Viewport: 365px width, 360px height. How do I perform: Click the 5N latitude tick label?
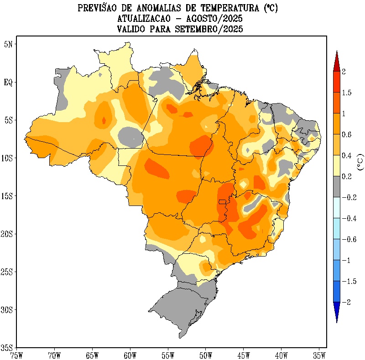click(8, 44)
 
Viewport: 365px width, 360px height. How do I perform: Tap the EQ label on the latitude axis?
click(8, 82)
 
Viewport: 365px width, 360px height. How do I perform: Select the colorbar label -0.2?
click(349, 197)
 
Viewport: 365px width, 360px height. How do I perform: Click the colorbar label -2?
click(346, 302)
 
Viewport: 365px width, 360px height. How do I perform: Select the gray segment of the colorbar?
click(336, 187)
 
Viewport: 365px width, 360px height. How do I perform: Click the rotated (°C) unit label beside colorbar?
click(360, 162)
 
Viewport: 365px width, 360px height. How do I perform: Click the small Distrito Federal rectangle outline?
click(222, 201)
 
